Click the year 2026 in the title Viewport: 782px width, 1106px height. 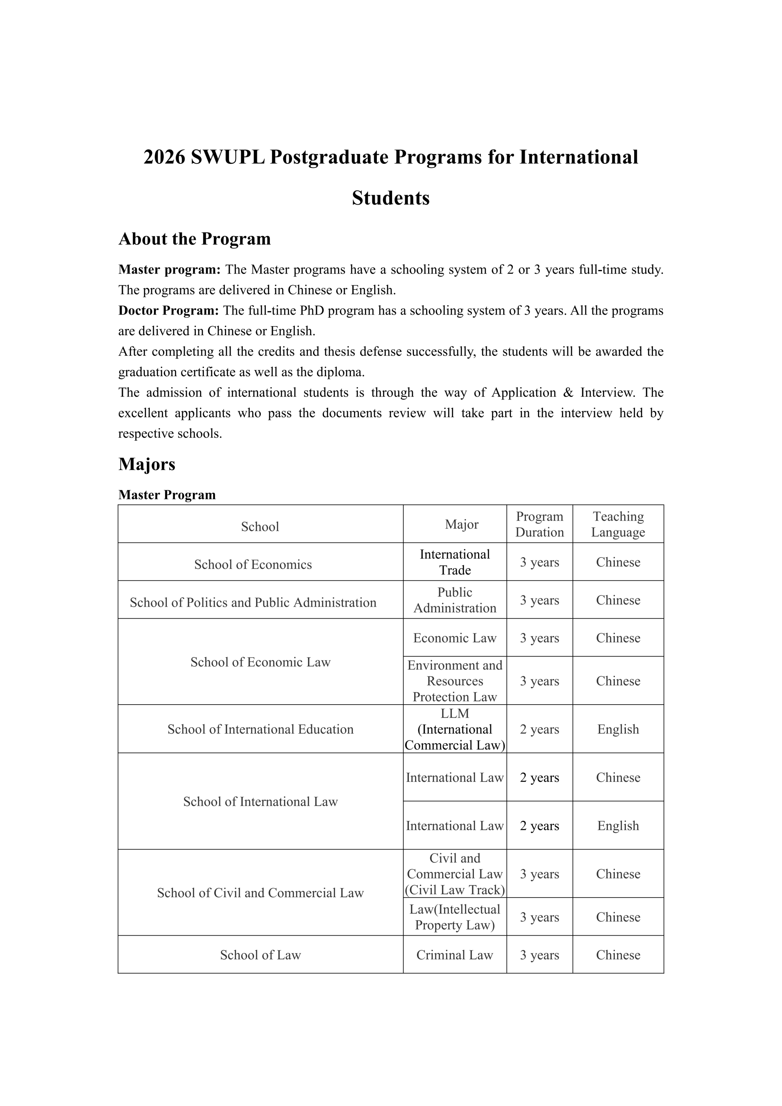[x=164, y=157]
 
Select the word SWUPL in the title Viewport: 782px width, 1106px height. [x=228, y=157]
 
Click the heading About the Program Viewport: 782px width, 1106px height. [x=194, y=239]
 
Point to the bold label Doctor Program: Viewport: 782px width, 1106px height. [x=168, y=311]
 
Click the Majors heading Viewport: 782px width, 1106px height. [x=147, y=464]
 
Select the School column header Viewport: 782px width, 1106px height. [x=260, y=527]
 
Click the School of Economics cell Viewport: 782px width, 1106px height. [x=253, y=564]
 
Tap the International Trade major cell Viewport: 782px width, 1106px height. [x=454, y=562]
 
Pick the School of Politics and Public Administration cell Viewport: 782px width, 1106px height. [x=253, y=603]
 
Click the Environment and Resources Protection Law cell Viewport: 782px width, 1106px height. [x=454, y=681]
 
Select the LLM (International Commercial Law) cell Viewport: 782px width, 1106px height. [x=454, y=729]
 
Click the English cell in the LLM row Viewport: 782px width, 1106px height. [x=618, y=729]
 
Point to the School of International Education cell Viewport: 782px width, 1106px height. [x=260, y=729]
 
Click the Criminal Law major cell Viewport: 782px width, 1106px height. [x=454, y=955]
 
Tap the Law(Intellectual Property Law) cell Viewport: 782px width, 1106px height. [x=454, y=917]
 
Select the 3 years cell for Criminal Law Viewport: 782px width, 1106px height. [x=539, y=955]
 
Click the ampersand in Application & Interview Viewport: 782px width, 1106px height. [x=568, y=393]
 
